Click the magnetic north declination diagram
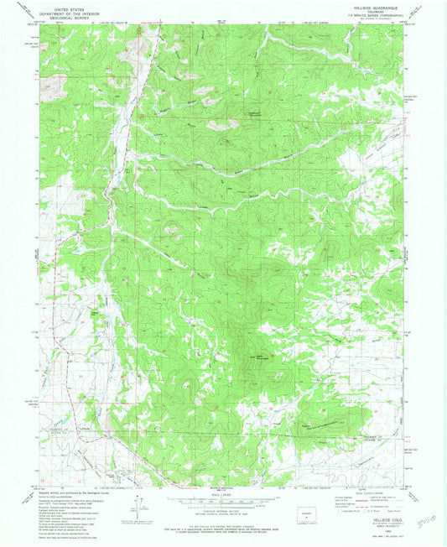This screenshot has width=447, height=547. click(137, 508)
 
